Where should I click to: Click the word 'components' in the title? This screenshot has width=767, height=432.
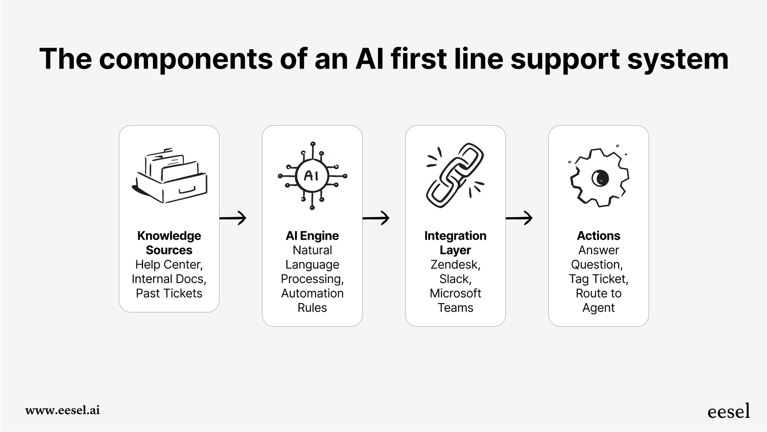[x=186, y=59]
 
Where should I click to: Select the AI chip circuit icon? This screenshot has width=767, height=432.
[x=312, y=176]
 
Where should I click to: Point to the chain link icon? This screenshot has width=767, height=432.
[x=455, y=176]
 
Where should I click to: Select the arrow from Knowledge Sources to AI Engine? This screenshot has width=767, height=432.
[x=233, y=218]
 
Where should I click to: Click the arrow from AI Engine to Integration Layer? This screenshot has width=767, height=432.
[x=376, y=218]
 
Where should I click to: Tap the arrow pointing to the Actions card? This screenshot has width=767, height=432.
[x=519, y=218]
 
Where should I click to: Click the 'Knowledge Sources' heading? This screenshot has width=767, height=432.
[x=169, y=243]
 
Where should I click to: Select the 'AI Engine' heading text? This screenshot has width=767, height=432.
[x=312, y=236]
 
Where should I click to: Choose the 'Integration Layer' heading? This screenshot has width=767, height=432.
[x=455, y=243]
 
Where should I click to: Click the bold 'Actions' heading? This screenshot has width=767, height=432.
[x=599, y=236]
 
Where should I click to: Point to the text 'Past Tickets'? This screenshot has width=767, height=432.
[x=169, y=293]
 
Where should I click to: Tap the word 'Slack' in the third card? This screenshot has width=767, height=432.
[x=454, y=279]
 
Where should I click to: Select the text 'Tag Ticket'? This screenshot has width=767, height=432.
[x=597, y=279]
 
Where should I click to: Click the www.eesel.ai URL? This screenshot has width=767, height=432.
[x=63, y=410]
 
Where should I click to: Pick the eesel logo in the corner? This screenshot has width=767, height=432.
[x=728, y=411]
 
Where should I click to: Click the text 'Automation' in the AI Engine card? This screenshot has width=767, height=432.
[x=312, y=293]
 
